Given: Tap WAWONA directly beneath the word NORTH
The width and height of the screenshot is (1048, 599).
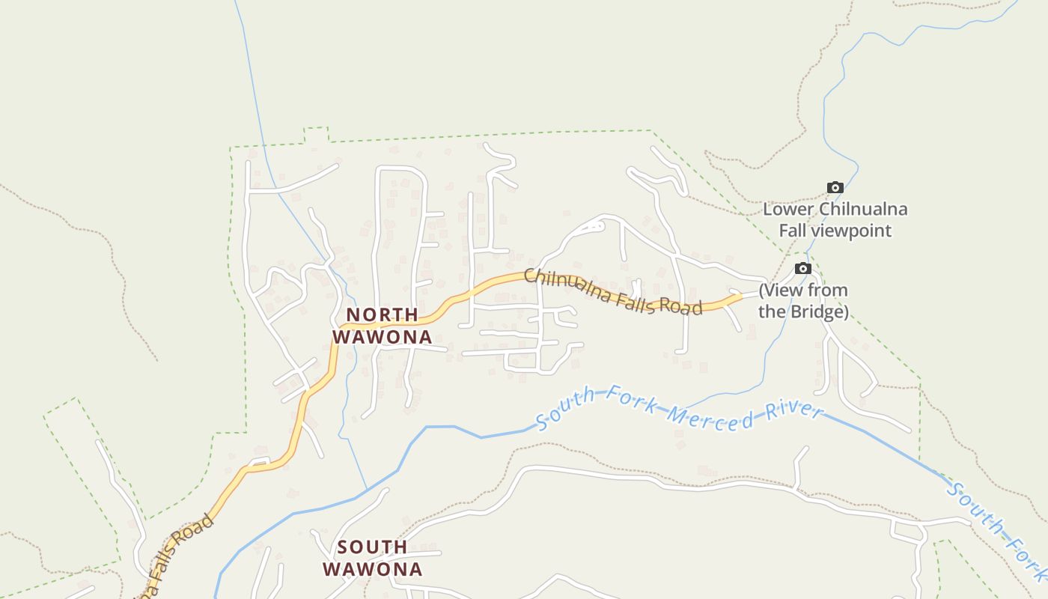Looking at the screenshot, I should [382, 337].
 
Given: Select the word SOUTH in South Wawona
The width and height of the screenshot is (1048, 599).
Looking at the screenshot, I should [372, 547].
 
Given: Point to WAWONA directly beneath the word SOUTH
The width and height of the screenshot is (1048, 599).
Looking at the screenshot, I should [372, 569].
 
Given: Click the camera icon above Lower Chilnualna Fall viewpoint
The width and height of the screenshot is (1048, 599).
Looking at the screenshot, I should [835, 187].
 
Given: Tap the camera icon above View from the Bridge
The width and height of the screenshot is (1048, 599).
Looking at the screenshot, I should [803, 268].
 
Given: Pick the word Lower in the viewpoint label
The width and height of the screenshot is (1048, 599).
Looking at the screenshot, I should [788, 209].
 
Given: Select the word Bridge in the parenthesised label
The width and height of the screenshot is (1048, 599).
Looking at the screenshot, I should [821, 311].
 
